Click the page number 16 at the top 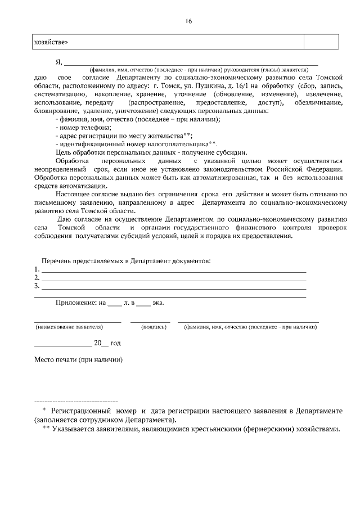coord(188,21)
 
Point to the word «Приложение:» coord(76,303)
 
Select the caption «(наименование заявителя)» coord(69,326)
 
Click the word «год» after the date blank coord(115,343)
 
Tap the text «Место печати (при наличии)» coord(78,359)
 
